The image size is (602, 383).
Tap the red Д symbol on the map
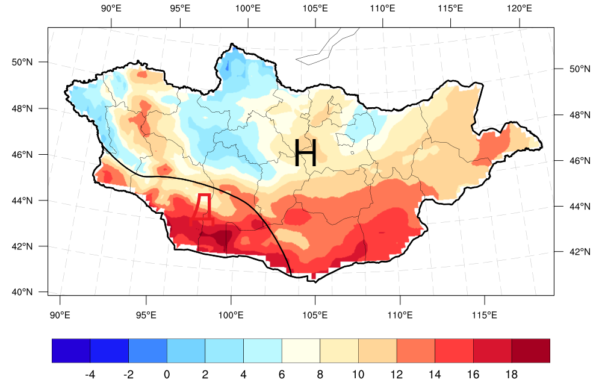click(201, 209)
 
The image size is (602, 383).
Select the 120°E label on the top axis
click(519, 8)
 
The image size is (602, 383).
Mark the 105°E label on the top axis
click(315, 8)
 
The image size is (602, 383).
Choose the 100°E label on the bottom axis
click(231, 314)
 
